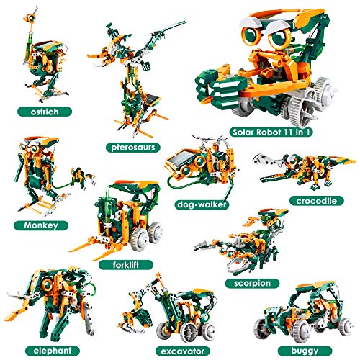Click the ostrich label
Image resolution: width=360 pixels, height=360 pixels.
[x=45, y=112]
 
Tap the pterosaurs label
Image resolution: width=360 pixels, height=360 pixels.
[x=133, y=148]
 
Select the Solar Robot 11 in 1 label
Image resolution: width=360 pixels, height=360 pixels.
[x=271, y=132]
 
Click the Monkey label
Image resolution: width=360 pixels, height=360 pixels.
[x=41, y=225]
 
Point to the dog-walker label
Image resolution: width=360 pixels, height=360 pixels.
[x=202, y=204]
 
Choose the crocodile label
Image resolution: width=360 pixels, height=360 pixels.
[x=317, y=201]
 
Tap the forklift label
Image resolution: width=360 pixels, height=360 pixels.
[x=126, y=265]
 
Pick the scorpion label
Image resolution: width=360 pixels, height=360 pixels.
[x=252, y=284]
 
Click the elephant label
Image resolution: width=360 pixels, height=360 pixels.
[x=53, y=351]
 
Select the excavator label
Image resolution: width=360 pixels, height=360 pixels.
[x=183, y=351]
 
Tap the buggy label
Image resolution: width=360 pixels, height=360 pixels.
[x=305, y=351]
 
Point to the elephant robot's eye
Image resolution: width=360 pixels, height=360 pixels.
[x=48, y=284]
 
